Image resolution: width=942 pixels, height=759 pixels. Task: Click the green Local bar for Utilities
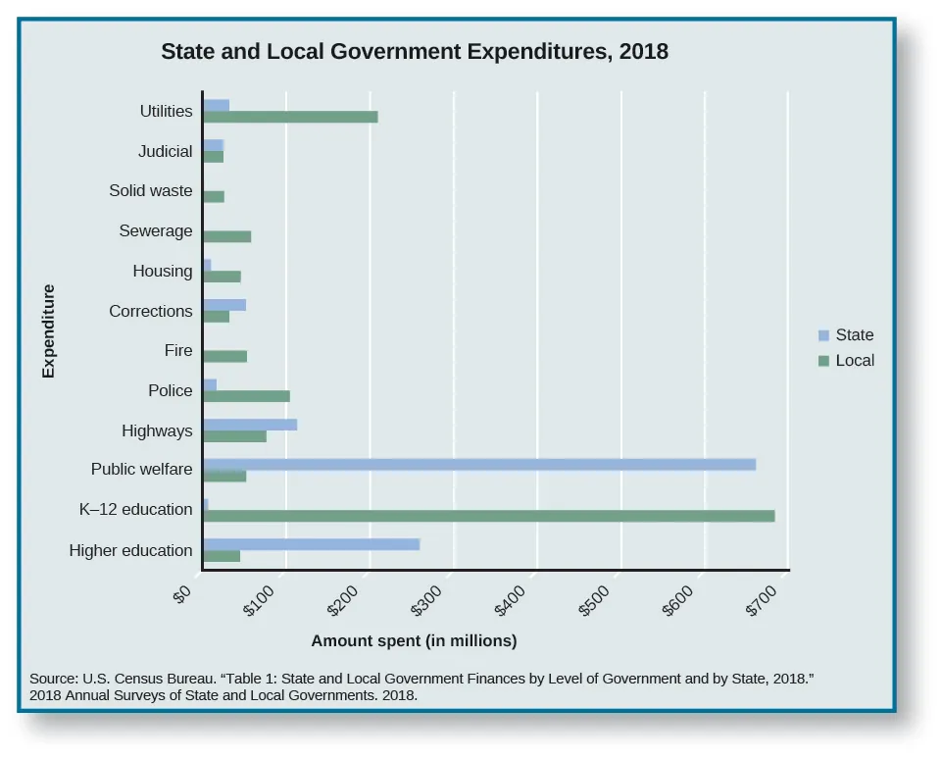[x=290, y=118]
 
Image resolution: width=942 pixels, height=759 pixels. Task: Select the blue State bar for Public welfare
[x=479, y=464]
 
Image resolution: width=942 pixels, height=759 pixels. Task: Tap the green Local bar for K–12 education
[x=488, y=516]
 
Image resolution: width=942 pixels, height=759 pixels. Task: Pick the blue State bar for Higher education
[x=311, y=544]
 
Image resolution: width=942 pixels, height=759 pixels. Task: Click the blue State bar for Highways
[x=250, y=425]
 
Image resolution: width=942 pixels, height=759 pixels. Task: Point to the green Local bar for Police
[x=246, y=396]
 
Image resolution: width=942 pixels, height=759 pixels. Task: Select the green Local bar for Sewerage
[x=227, y=236]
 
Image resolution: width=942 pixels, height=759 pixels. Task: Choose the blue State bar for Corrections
[x=224, y=305]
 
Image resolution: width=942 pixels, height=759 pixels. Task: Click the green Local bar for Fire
[x=224, y=356]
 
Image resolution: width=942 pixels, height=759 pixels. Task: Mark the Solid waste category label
[x=151, y=191]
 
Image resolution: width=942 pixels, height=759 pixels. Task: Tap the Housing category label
[x=163, y=272]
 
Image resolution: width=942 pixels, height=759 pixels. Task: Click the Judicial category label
[x=166, y=152]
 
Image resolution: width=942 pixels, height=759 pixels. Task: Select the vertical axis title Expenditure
[x=48, y=331]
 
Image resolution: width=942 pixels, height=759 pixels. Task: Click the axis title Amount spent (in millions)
[x=414, y=641]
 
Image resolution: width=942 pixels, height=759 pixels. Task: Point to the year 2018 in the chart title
[x=643, y=52]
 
